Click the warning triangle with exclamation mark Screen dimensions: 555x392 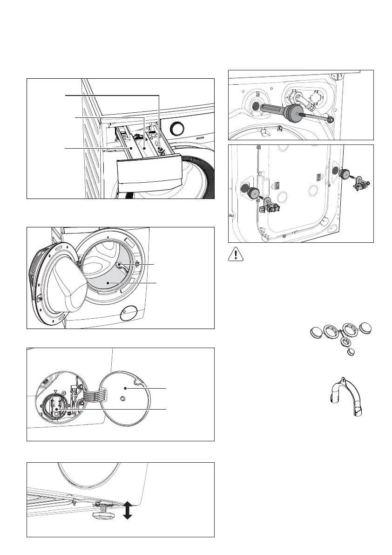(x=237, y=254)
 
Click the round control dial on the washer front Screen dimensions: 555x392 (x=177, y=128)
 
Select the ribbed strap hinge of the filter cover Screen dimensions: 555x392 (x=91, y=387)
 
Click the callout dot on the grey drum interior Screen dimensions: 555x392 (x=108, y=283)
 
